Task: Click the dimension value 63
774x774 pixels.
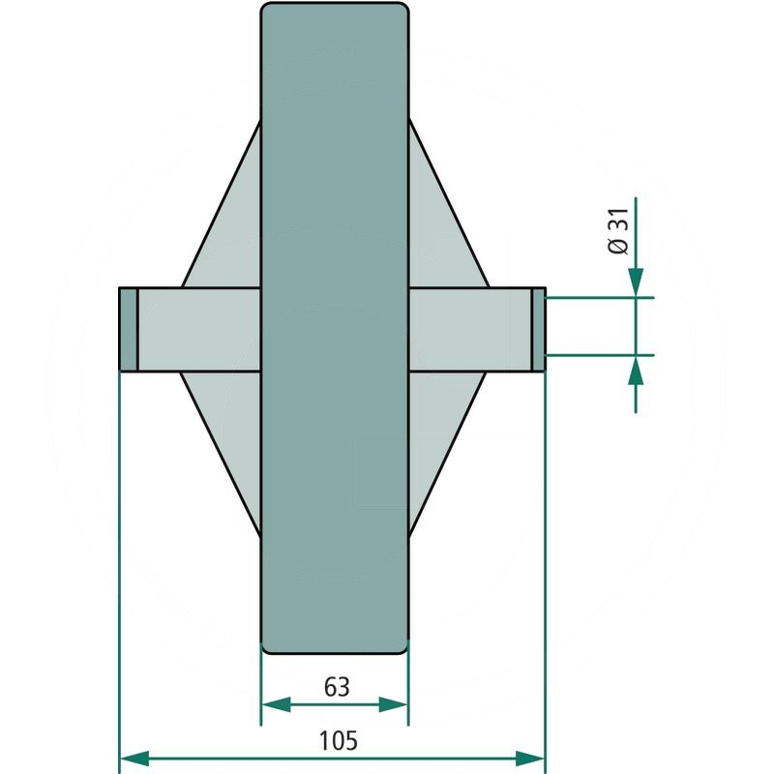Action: point(336,687)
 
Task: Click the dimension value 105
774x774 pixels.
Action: point(338,741)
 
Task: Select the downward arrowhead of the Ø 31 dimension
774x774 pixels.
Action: point(635,283)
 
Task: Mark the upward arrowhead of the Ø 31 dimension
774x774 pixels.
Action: point(635,370)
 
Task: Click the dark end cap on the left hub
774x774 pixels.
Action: point(128,330)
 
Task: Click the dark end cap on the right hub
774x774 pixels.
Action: point(539,330)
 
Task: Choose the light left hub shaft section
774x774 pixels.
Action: point(198,330)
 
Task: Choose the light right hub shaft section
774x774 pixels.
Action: point(469,330)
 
